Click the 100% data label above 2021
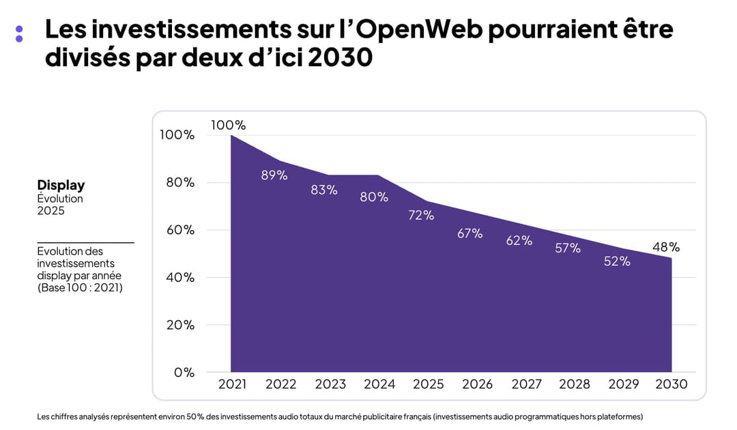[x=228, y=125]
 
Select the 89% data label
[x=274, y=175]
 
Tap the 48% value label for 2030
[x=666, y=247]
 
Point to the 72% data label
[x=421, y=215]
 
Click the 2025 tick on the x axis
[x=429, y=384]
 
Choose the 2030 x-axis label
[x=671, y=384]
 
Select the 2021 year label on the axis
[x=232, y=384]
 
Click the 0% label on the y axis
[x=185, y=373]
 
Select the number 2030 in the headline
[x=340, y=57]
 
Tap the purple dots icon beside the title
[x=19, y=33]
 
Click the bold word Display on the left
[x=61, y=185]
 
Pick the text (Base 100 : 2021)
[x=80, y=287]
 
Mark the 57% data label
[x=568, y=248]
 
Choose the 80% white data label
[x=374, y=197]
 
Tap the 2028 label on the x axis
[x=575, y=384]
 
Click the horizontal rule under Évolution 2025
[x=85, y=242]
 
